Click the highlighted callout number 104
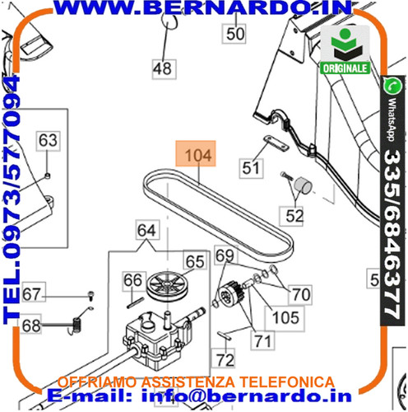(196, 154)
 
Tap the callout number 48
(164, 69)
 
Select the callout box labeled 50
(234, 34)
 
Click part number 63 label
(48, 140)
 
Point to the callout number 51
(251, 168)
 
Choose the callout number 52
(294, 216)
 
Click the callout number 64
(147, 230)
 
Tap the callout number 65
(195, 261)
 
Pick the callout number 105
(285, 318)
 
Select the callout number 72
(225, 359)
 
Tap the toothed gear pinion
(231, 294)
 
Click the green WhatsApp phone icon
(392, 86)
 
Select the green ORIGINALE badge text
(345, 68)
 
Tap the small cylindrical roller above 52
(304, 185)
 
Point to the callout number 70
(301, 294)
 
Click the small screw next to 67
(91, 295)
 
